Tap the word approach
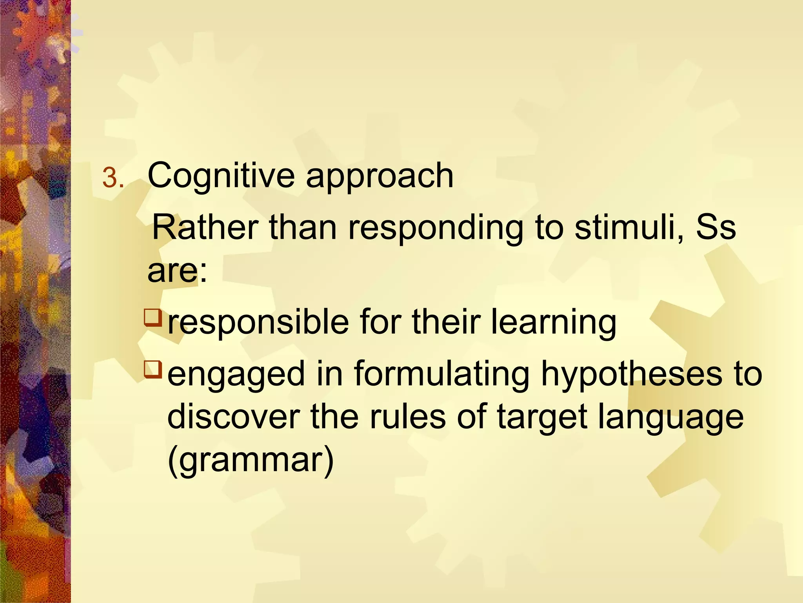click(380, 176)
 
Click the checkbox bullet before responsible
click(153, 318)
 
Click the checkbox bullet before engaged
click(153, 369)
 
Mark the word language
click(670, 418)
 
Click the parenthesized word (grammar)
click(251, 460)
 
